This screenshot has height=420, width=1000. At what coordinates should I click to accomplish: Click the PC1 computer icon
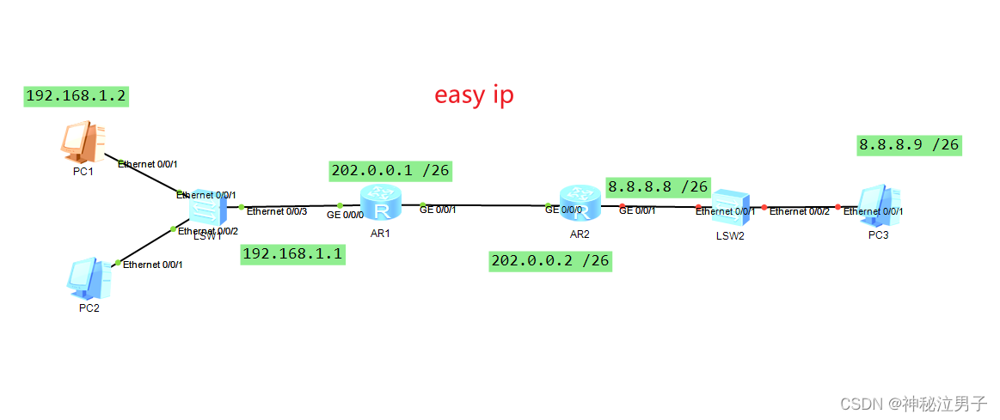pos(84,141)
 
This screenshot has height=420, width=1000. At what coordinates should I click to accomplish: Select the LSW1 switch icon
pos(206,209)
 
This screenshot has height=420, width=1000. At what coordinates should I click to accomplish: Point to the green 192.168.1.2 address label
pos(77,96)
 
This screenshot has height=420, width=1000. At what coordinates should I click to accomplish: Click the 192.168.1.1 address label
pos(292,254)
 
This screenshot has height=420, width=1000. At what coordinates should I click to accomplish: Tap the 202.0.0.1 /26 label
pos(390,171)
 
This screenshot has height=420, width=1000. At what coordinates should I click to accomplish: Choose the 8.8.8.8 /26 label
pos(657,186)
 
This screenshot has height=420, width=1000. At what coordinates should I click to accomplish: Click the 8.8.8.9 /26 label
pos(908,144)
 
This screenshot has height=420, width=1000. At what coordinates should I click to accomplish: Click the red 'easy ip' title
pos(474,94)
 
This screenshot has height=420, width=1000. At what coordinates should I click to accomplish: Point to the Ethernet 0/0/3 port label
pos(277,211)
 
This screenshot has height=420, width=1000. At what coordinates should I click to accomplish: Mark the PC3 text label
pos(878,234)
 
